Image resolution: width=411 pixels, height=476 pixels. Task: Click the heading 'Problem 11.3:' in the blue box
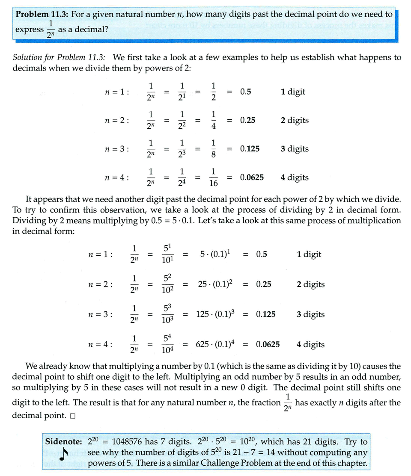pos(42,14)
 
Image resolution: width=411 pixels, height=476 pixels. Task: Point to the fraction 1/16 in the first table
pos(214,177)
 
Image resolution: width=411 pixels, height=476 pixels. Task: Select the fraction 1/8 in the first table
pos(214,149)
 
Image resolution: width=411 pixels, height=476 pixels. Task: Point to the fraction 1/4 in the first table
pos(214,120)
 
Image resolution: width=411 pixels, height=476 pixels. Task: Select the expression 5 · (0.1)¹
pos(215,254)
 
